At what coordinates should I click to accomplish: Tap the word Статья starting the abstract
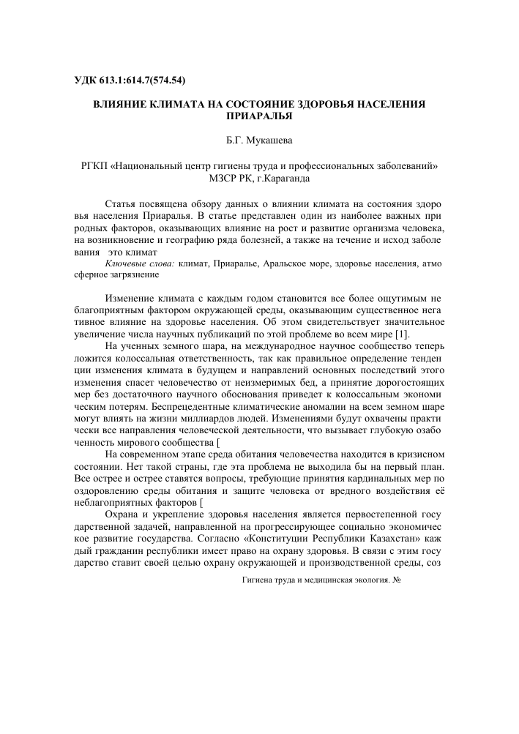pyautogui.click(x=122, y=201)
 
